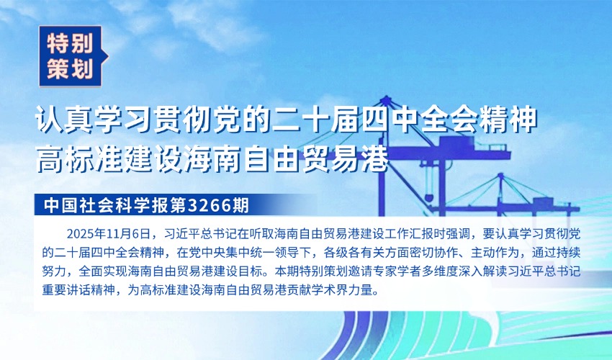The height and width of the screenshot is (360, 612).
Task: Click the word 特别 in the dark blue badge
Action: coord(70,43)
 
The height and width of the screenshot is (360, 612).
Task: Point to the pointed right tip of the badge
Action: coord(108,57)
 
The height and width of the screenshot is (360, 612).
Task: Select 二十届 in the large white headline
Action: coord(316,120)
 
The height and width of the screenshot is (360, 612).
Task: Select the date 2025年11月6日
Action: coord(109,234)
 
